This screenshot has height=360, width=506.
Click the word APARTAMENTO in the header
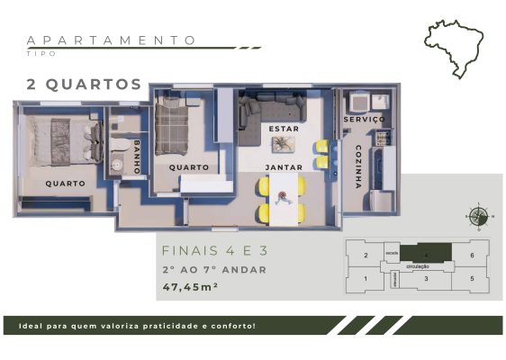pyautogui.click(x=112, y=40)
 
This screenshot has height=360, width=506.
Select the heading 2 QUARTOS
pyautogui.click(x=84, y=85)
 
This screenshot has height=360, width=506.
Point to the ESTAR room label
pyautogui.click(x=284, y=130)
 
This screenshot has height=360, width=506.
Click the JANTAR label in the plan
pyautogui.click(x=283, y=167)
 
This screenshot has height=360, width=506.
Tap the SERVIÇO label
pyautogui.click(x=365, y=119)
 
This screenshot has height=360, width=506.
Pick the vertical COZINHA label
pyautogui.click(x=357, y=166)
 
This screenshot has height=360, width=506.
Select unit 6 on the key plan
pyautogui.click(x=472, y=256)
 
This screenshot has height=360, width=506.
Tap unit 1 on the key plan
pyautogui.click(x=365, y=278)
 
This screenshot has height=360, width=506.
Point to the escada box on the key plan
pyautogui.click(x=391, y=253)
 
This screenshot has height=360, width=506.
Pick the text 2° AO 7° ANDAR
pyautogui.click(x=214, y=269)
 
